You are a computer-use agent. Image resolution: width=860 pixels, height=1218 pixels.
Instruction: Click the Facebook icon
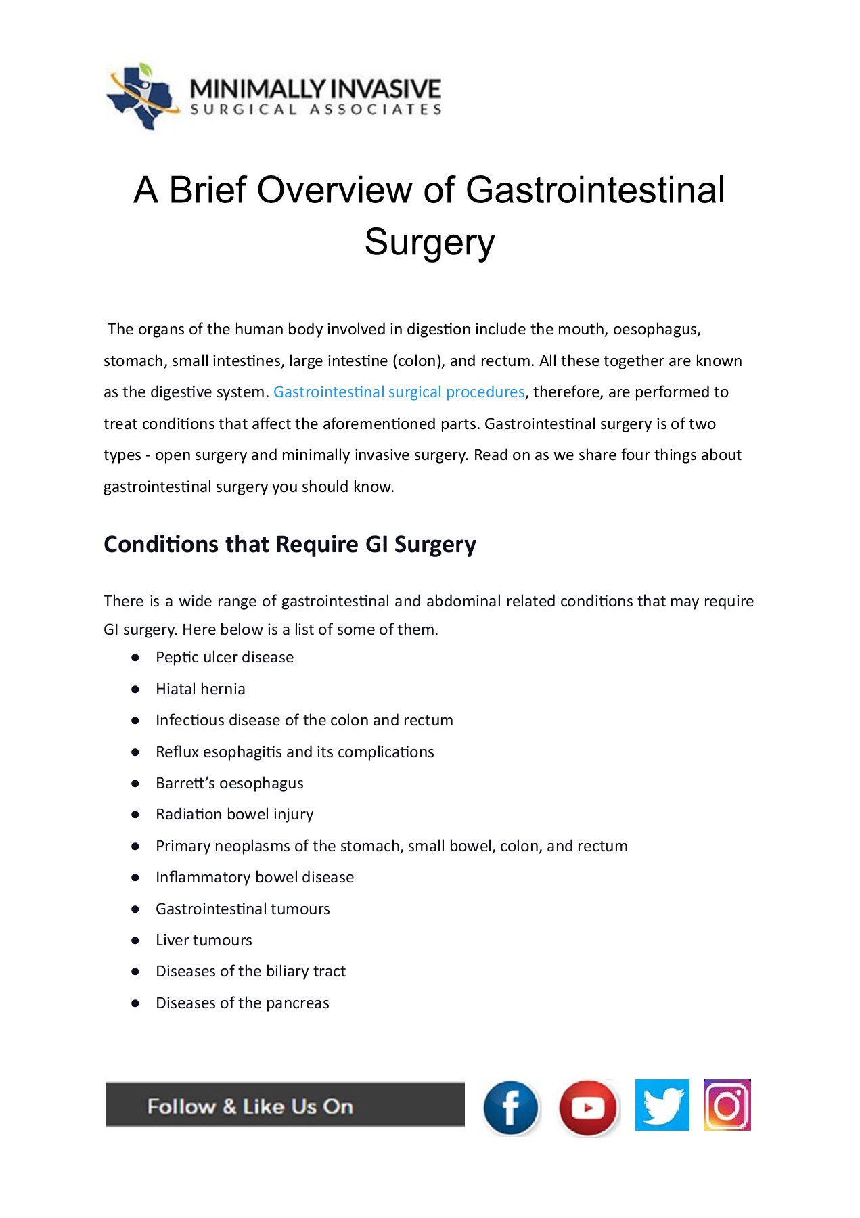click(511, 1108)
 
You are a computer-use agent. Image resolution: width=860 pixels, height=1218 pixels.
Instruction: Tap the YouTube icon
click(588, 1108)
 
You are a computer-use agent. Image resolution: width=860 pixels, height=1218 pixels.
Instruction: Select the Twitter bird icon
click(662, 1105)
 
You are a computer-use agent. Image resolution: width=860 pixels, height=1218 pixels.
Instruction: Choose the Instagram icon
click(727, 1105)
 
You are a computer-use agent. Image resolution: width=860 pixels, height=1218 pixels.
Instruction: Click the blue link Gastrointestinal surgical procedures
click(399, 392)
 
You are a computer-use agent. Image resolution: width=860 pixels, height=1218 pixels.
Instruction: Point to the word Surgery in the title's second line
click(430, 242)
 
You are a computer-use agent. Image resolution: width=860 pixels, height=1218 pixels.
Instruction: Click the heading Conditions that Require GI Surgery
click(290, 545)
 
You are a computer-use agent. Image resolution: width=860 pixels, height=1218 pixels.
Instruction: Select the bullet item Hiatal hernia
click(200, 689)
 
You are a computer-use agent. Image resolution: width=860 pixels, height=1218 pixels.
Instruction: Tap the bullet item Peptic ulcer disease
click(225, 658)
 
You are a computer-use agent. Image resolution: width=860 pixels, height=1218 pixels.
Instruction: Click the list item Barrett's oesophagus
click(229, 783)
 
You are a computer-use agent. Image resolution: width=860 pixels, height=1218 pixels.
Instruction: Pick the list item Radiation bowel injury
click(234, 814)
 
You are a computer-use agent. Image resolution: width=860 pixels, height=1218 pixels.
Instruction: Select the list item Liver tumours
click(204, 940)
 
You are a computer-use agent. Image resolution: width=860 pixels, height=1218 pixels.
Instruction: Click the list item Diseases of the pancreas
click(242, 1003)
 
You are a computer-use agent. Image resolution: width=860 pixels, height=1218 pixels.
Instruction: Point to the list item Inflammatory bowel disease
click(254, 877)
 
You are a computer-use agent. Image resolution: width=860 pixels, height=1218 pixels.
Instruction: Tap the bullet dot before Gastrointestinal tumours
click(135, 909)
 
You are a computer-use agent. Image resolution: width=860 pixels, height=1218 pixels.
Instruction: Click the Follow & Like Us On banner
click(285, 1106)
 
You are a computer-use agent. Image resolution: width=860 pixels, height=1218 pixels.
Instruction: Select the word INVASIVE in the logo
click(388, 89)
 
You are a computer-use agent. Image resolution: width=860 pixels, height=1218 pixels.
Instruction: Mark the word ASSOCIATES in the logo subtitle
click(376, 110)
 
